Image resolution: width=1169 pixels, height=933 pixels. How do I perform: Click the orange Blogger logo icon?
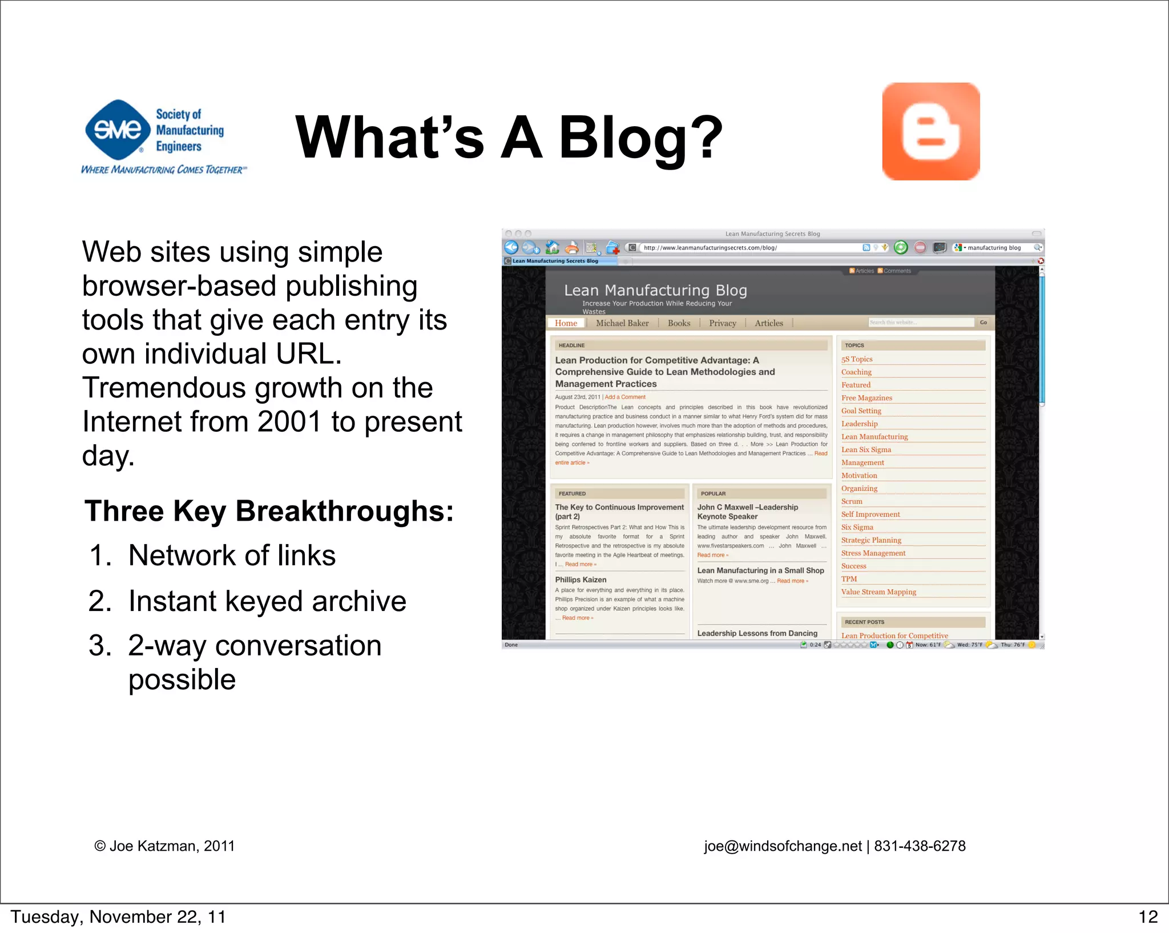(x=930, y=131)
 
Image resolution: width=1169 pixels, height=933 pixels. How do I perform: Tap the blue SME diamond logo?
(x=118, y=130)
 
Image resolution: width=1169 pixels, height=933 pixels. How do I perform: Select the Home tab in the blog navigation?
(x=566, y=323)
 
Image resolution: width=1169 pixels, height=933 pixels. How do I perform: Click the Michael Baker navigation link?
(x=622, y=323)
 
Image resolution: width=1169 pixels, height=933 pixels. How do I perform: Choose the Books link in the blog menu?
(x=679, y=323)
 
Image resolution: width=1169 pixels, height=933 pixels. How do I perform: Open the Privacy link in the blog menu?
(x=722, y=323)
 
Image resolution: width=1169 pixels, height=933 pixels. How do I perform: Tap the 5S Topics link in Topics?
(x=857, y=359)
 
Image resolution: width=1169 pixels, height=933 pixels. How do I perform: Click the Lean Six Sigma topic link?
(x=866, y=449)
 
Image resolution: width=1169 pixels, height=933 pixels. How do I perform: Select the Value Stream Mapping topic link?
(x=878, y=592)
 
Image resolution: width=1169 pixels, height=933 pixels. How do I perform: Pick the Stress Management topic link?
(x=873, y=553)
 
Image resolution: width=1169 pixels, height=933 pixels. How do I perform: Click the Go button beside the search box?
(x=983, y=323)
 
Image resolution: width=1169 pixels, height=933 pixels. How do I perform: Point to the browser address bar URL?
(x=710, y=248)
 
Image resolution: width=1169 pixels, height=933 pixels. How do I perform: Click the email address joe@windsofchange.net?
(x=783, y=846)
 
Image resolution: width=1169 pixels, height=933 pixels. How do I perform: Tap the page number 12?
(x=1148, y=917)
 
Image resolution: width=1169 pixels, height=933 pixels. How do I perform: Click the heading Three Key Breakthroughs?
(x=269, y=511)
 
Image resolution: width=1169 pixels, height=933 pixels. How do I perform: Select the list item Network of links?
(x=232, y=556)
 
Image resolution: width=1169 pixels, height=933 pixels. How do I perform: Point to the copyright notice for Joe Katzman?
(x=164, y=846)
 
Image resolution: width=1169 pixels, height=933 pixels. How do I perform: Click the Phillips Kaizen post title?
(x=581, y=580)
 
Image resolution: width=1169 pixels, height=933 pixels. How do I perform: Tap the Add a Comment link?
(x=625, y=397)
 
